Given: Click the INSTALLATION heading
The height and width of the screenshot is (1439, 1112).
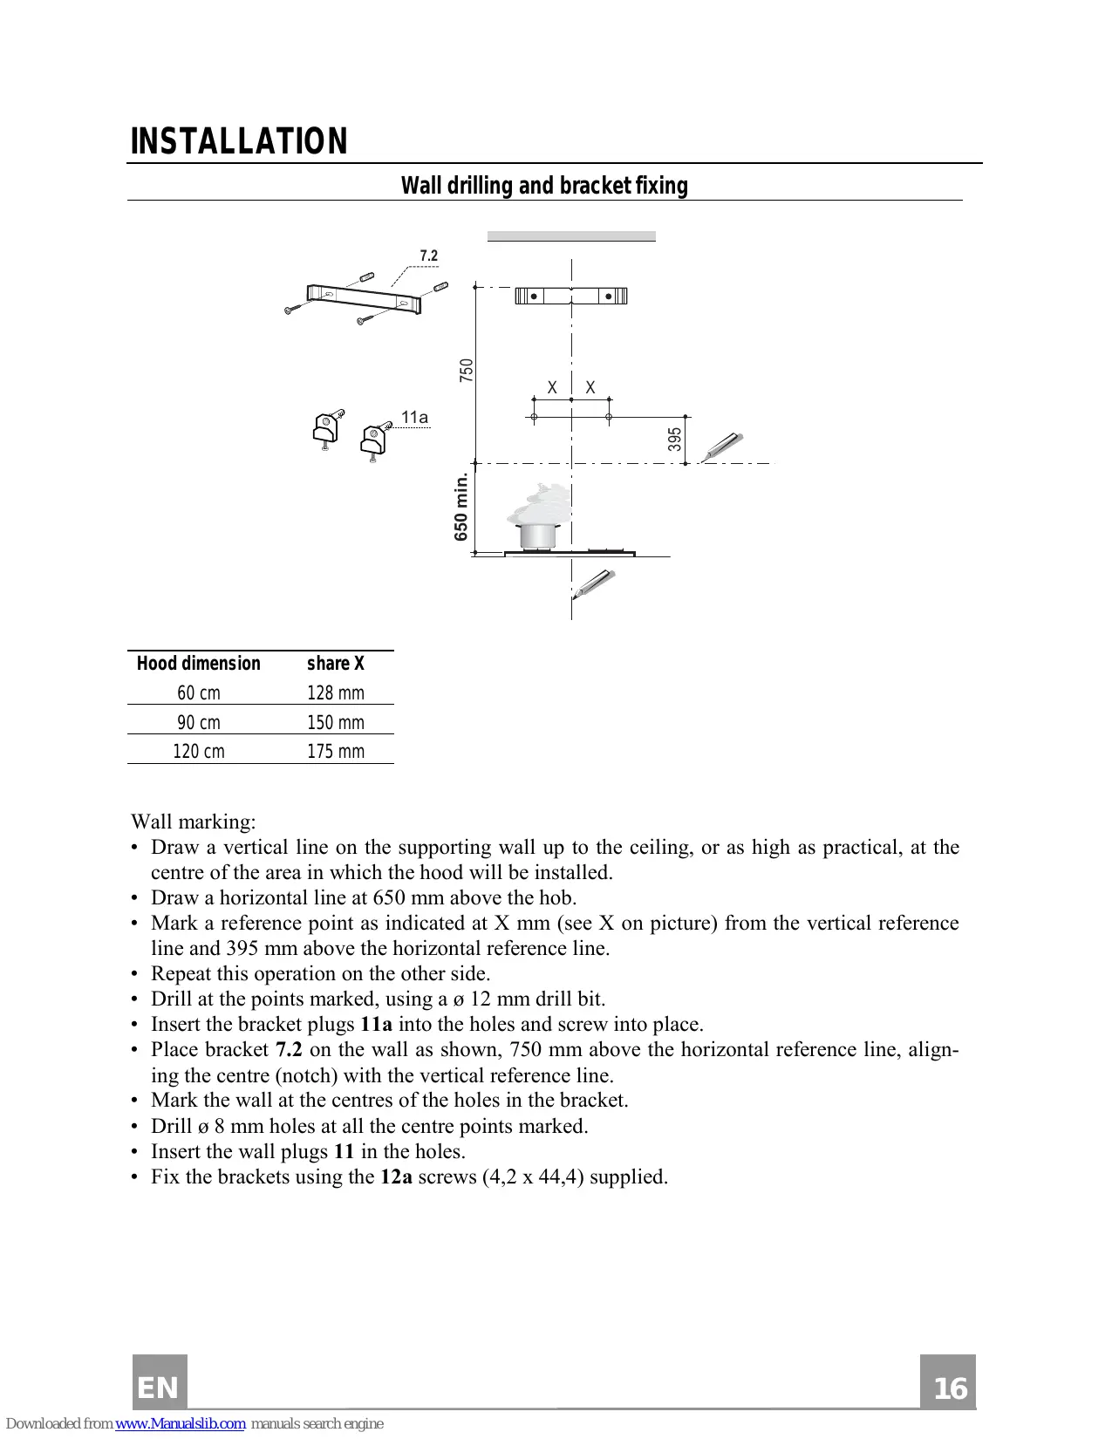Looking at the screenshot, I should click(239, 141).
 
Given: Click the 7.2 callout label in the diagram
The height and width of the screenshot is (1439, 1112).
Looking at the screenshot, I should click(428, 256).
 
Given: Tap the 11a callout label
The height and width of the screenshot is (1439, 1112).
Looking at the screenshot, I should click(414, 417).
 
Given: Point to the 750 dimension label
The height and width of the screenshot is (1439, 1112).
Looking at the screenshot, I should click(467, 370).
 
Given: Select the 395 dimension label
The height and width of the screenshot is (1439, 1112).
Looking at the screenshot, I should click(674, 439).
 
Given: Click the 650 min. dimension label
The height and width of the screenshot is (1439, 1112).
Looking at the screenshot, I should click(461, 507).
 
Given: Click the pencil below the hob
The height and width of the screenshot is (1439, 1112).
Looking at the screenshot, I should click(595, 583).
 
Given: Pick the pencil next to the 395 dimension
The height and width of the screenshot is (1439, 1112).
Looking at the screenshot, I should click(723, 446).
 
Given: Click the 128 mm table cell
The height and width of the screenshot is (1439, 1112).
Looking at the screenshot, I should click(335, 692).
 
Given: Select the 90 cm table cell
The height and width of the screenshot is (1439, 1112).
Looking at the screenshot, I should click(198, 722).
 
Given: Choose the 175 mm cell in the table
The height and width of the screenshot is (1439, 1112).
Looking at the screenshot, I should click(335, 751).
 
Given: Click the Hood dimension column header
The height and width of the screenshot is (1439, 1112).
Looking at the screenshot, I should click(198, 664).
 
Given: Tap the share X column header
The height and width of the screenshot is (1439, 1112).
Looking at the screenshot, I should click(335, 664).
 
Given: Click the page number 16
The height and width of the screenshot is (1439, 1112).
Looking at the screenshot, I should click(949, 1387).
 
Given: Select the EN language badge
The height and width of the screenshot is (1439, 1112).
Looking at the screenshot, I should click(159, 1387).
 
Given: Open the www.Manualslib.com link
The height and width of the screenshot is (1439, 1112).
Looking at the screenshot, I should click(181, 1423).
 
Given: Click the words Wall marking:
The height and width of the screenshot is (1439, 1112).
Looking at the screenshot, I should click(194, 822).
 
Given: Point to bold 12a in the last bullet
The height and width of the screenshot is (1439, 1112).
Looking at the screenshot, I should click(396, 1176).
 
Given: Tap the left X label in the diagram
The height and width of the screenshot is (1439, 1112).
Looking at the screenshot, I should click(552, 387).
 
